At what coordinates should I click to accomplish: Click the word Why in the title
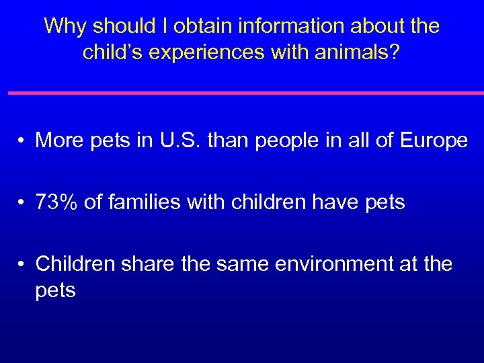coord(66,26)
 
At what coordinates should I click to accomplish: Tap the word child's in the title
coord(112,52)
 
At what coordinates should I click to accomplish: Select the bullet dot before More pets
coord(22,141)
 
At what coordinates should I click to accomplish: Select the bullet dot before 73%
coord(22,203)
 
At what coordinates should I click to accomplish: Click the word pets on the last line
coord(56,291)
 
